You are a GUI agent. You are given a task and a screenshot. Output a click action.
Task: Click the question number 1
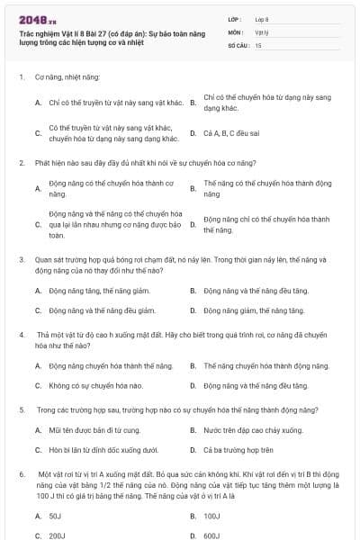[22, 78]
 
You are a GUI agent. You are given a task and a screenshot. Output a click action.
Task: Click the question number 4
[22, 334]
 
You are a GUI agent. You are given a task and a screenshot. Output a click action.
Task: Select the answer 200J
[56, 535]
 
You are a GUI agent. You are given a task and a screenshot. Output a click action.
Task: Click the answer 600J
[212, 535]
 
